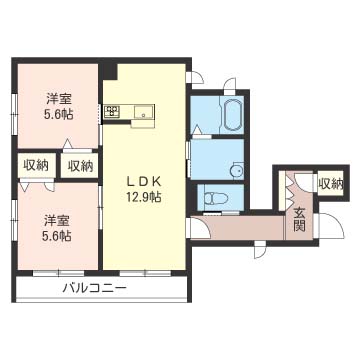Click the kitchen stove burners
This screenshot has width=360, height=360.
(113, 113)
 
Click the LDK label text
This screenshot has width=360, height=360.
(137, 181)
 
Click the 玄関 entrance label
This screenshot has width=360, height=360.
(300, 218)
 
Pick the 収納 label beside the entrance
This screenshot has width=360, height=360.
(330, 184)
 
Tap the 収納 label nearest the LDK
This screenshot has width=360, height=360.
(80, 164)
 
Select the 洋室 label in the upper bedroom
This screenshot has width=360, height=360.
(58, 98)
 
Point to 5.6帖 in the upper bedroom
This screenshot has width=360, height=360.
(58, 114)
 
